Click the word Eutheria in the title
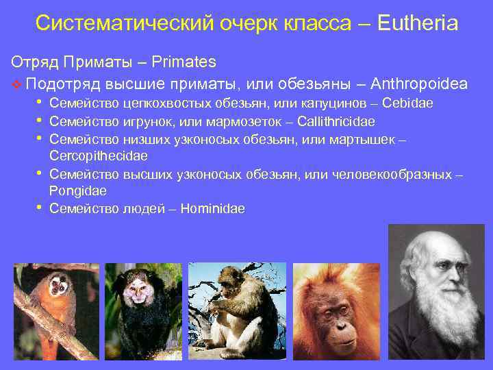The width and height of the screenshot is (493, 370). [x=416, y=24]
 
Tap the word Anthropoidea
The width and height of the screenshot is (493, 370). [x=419, y=84]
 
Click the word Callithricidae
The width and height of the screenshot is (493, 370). [x=336, y=122]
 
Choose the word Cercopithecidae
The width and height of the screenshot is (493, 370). [x=99, y=156]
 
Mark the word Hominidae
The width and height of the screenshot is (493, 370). [x=212, y=209]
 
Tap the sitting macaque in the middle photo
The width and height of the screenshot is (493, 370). [x=236, y=305]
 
